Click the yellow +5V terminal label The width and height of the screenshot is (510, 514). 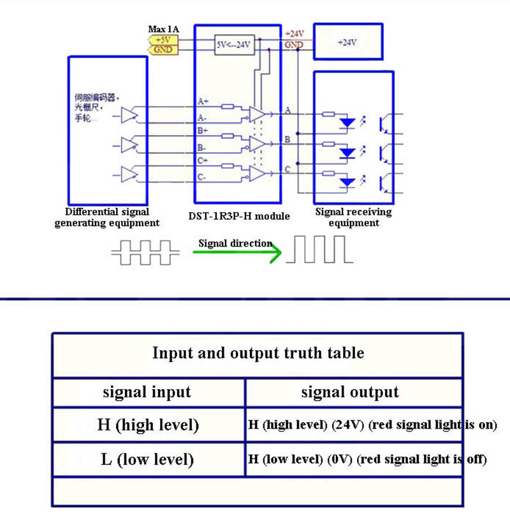coord(163,39)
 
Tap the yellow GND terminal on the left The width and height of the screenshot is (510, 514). coord(163,49)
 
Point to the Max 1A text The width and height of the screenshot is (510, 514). coord(163,29)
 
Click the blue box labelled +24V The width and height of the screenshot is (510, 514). coord(348,42)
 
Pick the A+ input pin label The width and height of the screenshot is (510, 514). coord(203,101)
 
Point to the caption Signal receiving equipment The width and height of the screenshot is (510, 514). coord(354,217)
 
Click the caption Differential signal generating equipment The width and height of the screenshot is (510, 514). coord(107,217)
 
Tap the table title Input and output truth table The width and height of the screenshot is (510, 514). coord(258,353)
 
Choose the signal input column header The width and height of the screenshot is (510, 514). coord(147,392)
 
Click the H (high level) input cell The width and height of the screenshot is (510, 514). coord(148,424)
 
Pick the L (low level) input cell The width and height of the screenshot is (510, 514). coord(147,459)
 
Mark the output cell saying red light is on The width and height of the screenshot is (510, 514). coord(372,425)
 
